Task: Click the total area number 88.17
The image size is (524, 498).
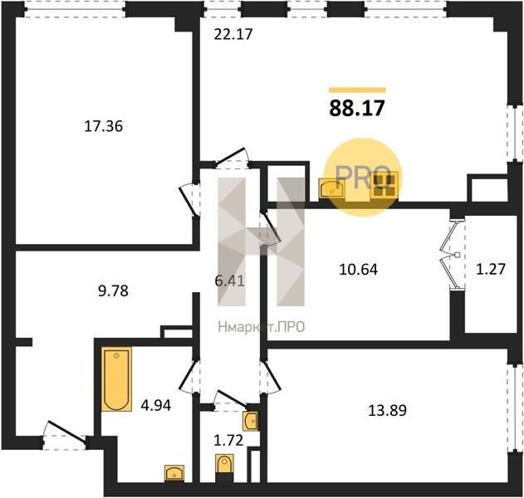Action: [x=357, y=108]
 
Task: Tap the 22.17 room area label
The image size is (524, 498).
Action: [x=233, y=34]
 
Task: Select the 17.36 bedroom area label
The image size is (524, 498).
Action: [x=104, y=127]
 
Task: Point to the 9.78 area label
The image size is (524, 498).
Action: [x=113, y=291]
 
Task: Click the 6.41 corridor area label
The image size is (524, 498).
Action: [x=230, y=281]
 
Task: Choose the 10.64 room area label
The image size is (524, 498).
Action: [x=358, y=270]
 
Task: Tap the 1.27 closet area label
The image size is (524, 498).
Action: [x=491, y=269]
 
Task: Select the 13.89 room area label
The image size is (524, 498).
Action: [x=387, y=411]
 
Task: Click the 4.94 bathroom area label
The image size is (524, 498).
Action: [x=156, y=406]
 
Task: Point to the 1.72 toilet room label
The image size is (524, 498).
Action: [x=228, y=441]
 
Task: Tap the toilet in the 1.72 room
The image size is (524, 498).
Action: [x=224, y=465]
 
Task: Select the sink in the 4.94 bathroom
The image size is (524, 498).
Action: [x=174, y=473]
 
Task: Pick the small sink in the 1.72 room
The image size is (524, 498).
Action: [x=250, y=421]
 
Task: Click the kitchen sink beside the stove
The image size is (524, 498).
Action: [x=331, y=189]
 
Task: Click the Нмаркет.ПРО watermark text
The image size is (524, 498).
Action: [x=262, y=327]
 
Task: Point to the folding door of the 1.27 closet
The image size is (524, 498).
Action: [x=450, y=255]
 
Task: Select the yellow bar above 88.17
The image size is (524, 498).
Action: [x=357, y=90]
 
